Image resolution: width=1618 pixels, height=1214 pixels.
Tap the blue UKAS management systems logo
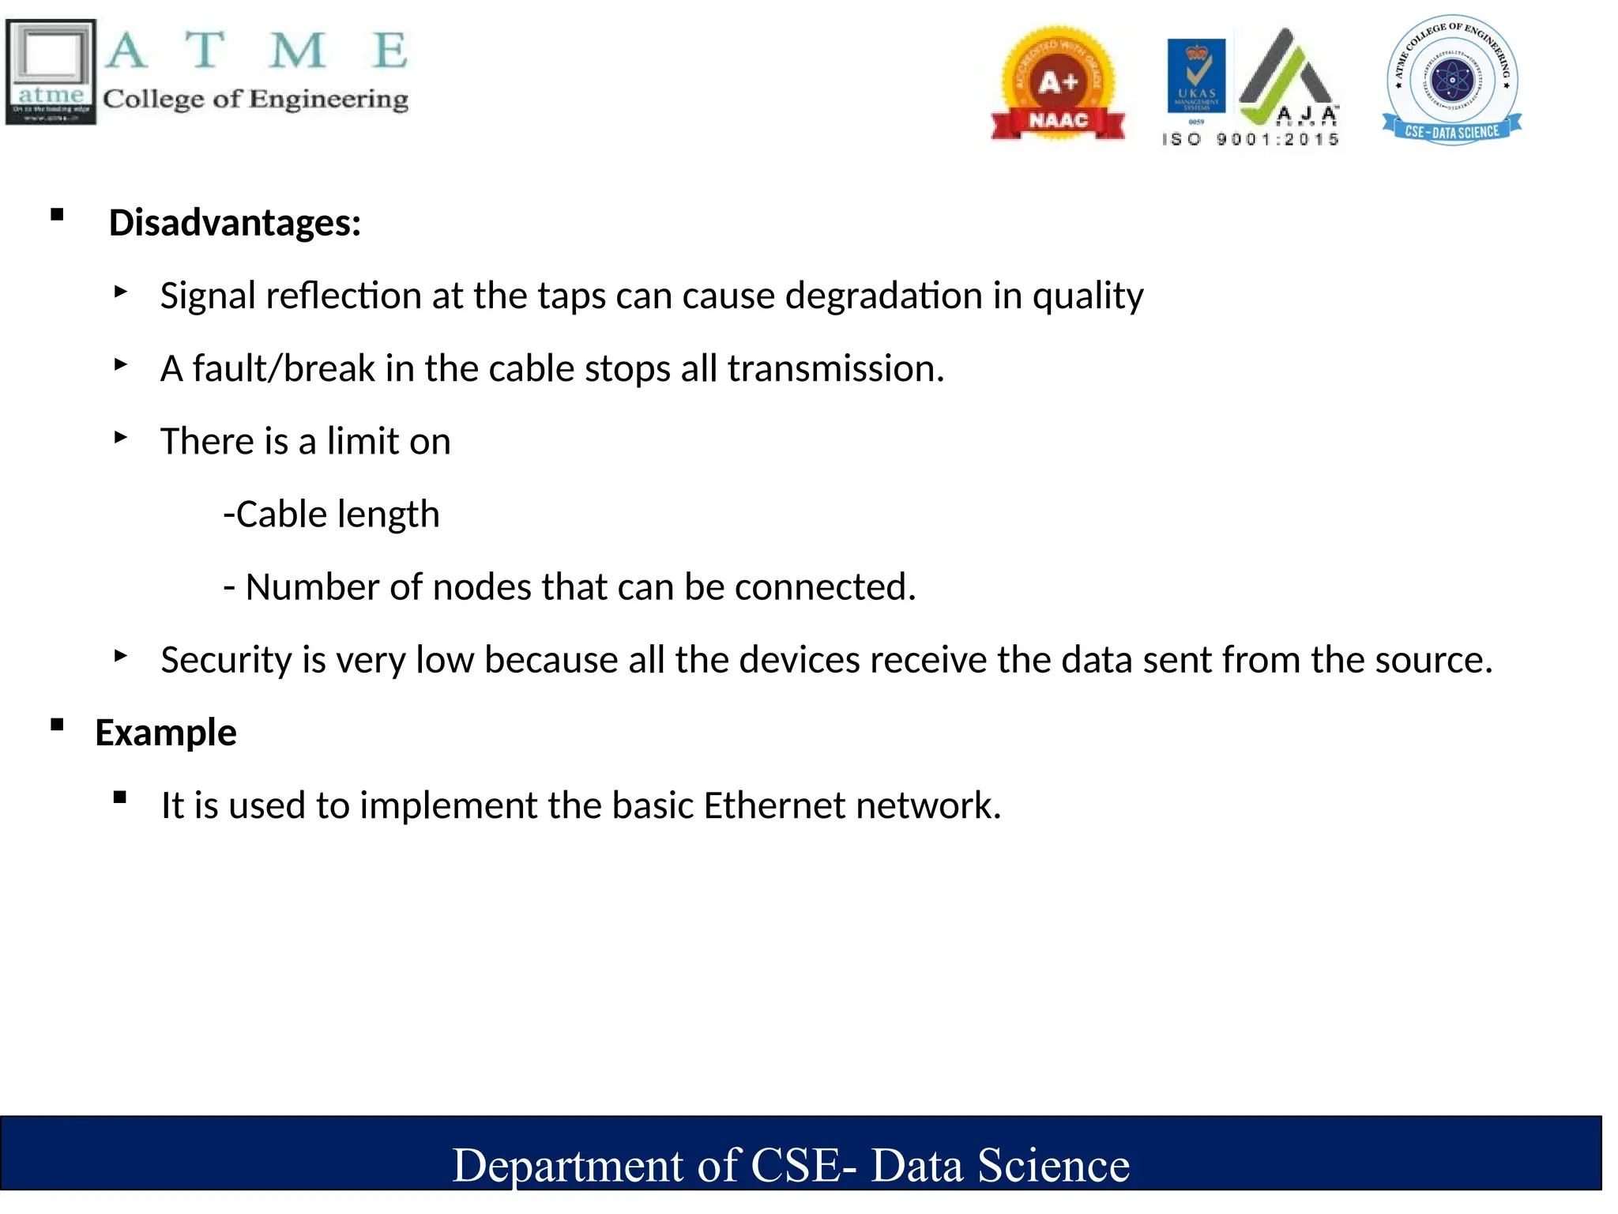pyautogui.click(x=1196, y=77)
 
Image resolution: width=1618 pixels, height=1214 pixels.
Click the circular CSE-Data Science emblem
pyautogui.click(x=1451, y=80)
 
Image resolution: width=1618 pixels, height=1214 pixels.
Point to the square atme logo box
pyautogui.click(x=51, y=71)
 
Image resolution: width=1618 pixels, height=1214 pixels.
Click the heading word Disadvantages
pyautogui.click(x=235, y=223)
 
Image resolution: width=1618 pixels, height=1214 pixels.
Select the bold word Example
pyautogui.click(x=166, y=733)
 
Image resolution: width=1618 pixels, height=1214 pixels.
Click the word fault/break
pyautogui.click(x=283, y=369)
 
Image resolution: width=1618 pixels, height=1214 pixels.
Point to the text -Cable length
pyautogui.click(x=331, y=515)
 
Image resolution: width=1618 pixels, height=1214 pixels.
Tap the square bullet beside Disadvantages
pyautogui.click(x=57, y=215)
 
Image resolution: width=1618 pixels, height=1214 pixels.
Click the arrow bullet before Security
pyautogui.click(x=120, y=655)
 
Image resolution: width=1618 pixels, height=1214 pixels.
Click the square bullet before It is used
pyautogui.click(x=120, y=797)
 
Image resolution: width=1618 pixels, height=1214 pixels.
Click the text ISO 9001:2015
pyautogui.click(x=1251, y=140)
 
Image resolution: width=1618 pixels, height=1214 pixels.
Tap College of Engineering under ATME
pyautogui.click(x=255, y=99)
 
